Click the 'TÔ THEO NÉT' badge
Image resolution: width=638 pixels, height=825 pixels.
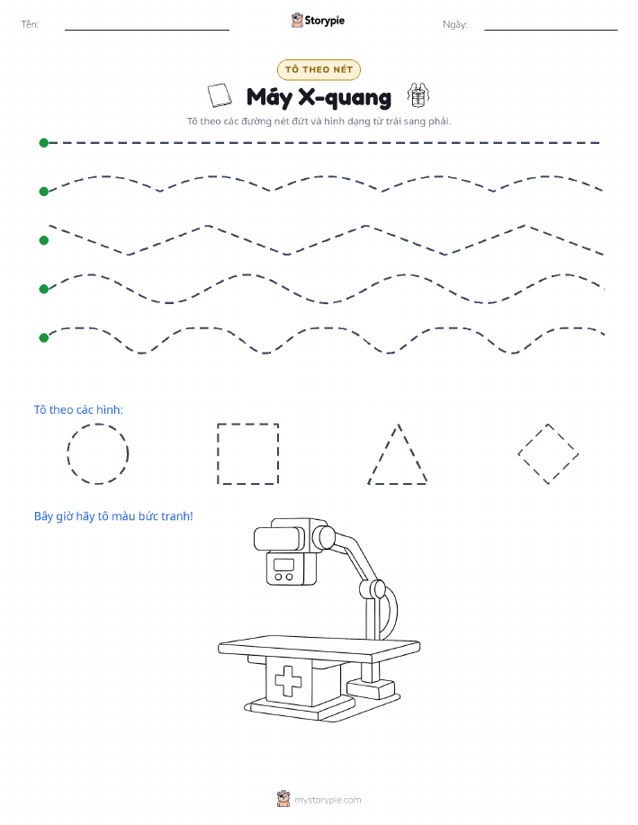pyautogui.click(x=319, y=69)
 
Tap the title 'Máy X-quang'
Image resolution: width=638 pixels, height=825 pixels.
pyautogui.click(x=319, y=97)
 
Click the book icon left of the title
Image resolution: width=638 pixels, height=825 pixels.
pyautogui.click(x=220, y=95)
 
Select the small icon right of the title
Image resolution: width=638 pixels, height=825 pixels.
pyautogui.click(x=418, y=95)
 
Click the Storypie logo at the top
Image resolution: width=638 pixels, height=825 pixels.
pyautogui.click(x=318, y=21)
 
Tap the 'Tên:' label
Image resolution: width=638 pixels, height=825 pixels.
pyautogui.click(x=30, y=24)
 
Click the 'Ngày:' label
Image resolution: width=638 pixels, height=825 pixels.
pyautogui.click(x=454, y=24)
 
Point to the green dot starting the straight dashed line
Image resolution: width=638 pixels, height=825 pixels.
pyautogui.click(x=44, y=142)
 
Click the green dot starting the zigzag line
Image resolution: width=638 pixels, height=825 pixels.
pyautogui.click(x=44, y=240)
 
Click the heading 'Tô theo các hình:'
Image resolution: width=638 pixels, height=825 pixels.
pyautogui.click(x=78, y=410)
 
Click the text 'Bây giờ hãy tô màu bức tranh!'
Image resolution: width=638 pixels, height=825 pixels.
pyautogui.click(x=113, y=516)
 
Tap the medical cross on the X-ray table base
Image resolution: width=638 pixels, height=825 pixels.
pyautogui.click(x=288, y=681)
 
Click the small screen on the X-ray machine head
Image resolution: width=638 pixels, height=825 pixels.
pyautogui.click(x=283, y=565)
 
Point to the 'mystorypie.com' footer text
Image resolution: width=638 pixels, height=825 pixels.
pyautogui.click(x=328, y=800)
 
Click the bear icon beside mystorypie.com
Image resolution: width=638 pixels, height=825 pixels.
pyautogui.click(x=283, y=799)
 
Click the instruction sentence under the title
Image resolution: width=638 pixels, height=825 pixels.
pyautogui.click(x=319, y=121)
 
